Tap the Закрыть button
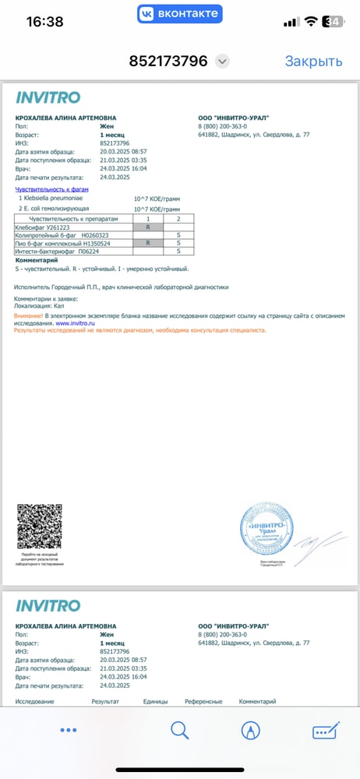point(313,62)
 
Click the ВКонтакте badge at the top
point(180,14)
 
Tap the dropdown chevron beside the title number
point(222,62)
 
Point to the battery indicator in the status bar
point(334,22)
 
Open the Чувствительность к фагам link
point(48,189)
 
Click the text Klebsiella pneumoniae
point(54,199)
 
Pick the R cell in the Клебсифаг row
point(148,227)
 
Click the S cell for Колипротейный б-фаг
point(178,235)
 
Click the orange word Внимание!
point(29,316)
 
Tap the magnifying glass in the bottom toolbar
point(180,730)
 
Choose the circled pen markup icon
point(251,730)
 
